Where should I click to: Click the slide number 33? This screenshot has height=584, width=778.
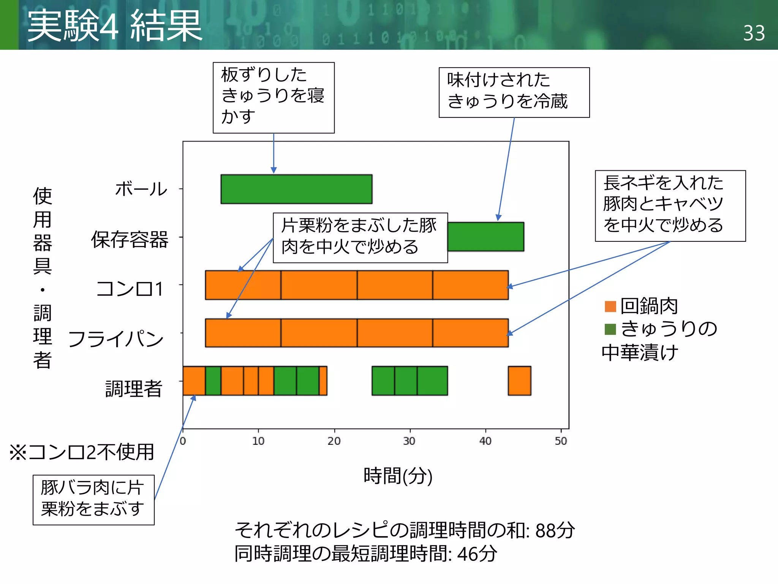pos(754,33)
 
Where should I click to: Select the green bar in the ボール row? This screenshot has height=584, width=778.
pos(296,189)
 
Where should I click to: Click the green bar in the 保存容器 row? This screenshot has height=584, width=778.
pos(485,237)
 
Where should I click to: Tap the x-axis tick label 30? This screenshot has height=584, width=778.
pos(409,441)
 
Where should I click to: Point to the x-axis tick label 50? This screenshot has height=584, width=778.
pos(561,441)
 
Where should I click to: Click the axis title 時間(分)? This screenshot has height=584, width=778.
pos(398,476)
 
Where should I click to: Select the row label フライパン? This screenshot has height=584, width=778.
pos(116,339)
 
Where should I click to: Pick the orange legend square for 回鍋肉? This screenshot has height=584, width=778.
pos(610,306)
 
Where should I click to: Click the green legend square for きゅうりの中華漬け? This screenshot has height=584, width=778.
pos(610,329)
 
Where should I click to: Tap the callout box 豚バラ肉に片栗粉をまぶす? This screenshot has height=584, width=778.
pos(93,500)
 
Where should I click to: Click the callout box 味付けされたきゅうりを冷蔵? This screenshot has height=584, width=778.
pos(514,92)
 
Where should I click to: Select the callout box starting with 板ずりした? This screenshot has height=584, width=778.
pos(274,97)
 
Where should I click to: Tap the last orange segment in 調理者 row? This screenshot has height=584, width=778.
pos(519,381)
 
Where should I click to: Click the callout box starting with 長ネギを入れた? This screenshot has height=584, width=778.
pos(670,206)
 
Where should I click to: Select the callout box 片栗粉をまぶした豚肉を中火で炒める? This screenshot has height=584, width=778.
pos(360,238)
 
